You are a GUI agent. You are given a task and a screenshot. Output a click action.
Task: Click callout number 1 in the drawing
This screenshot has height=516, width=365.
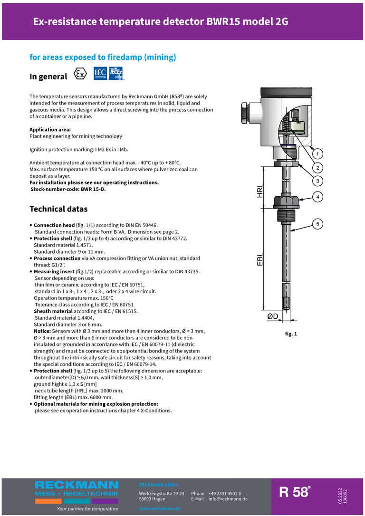click(317, 153)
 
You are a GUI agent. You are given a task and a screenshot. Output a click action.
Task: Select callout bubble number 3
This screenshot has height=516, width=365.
click(317, 181)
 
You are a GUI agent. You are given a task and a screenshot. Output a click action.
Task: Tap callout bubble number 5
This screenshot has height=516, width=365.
click(317, 224)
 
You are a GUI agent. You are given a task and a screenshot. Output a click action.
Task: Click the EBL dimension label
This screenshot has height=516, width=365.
click(259, 259)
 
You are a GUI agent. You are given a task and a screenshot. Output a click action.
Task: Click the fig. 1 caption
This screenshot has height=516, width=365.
click(291, 334)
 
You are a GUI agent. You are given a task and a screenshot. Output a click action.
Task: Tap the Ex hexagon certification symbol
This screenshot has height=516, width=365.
click(81, 75)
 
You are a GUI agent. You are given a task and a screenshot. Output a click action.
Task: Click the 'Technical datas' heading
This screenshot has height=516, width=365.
click(58, 209)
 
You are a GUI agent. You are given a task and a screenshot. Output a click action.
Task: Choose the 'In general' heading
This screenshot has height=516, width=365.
click(48, 76)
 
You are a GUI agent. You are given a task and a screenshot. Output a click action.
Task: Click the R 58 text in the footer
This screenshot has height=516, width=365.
click(294, 492)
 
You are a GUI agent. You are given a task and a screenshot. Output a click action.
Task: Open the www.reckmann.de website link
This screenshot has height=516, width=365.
click(159, 508)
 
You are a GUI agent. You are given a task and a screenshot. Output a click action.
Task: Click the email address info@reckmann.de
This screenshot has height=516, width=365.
click(228, 499)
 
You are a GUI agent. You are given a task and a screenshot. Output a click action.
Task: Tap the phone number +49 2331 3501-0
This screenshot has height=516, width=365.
click(224, 494)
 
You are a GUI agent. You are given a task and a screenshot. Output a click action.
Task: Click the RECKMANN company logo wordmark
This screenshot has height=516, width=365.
click(77, 485)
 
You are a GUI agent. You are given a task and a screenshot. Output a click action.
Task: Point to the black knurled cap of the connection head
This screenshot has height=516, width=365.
click(285, 91)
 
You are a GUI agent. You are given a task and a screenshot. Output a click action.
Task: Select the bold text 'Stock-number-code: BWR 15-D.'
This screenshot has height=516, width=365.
click(68, 189)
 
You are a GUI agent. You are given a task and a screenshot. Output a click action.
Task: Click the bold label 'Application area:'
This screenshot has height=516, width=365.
click(50, 130)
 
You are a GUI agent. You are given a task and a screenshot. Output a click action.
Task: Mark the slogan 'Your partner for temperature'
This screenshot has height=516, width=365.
click(87, 509)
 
